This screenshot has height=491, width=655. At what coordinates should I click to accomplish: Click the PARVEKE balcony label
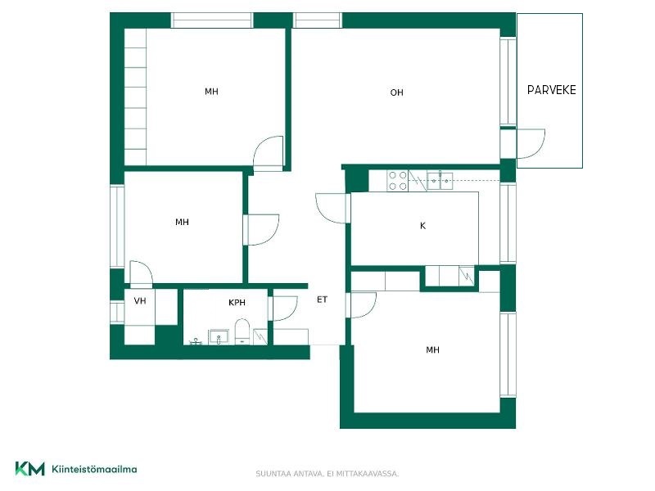coord(551,90)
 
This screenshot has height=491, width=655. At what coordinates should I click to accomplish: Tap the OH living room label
coord(396,92)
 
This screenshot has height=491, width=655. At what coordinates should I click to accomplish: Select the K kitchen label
coord(422,226)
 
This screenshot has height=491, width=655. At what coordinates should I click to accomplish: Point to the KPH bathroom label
coord(237,302)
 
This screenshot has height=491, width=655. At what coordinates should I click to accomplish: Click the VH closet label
coord(140,300)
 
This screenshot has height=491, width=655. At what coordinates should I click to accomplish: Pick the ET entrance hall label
coord(322,300)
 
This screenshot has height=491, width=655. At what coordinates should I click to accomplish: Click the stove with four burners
coord(398,180)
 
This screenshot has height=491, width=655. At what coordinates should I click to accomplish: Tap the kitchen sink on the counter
coord(440,180)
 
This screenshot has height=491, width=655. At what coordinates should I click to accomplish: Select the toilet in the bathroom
coord(242,331)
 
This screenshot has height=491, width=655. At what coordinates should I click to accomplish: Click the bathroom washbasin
coord(219,336)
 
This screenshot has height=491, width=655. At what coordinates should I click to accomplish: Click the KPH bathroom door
coord(285,309)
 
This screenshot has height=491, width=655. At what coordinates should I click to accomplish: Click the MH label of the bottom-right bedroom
coord(432,350)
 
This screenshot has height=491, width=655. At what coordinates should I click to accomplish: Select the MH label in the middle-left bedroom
coord(182,222)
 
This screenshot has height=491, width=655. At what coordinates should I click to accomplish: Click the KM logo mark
coord(29,468)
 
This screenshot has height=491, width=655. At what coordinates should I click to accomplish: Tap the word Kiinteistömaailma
coord(94,469)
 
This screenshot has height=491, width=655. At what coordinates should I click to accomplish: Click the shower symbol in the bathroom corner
coord(260,336)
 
